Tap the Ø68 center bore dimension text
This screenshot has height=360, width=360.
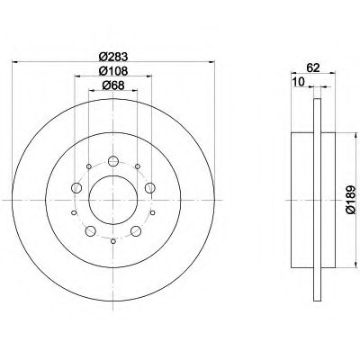(x=112, y=86)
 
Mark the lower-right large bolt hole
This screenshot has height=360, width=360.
(x=135, y=230)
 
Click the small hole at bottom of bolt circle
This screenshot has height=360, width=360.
(x=112, y=240)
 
